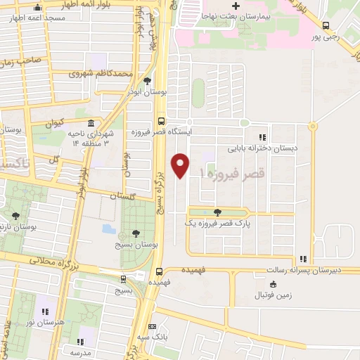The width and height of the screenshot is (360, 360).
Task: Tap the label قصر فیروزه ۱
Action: (232, 172)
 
